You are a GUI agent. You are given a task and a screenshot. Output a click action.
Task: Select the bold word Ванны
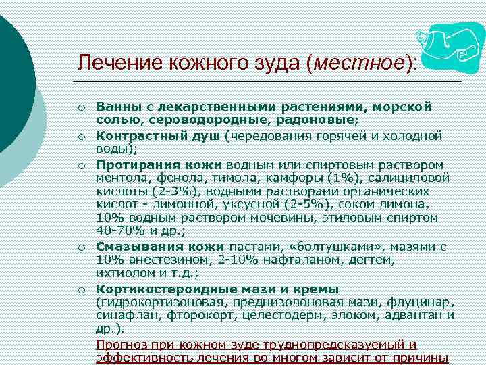point(117,107)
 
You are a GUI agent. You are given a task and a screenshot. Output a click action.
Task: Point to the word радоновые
point(320,120)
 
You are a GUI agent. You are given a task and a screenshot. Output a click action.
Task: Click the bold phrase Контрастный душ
point(159,135)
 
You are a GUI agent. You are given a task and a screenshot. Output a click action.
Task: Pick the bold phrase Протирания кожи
point(159,164)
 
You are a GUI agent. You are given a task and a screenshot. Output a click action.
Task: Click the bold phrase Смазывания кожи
point(159,247)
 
